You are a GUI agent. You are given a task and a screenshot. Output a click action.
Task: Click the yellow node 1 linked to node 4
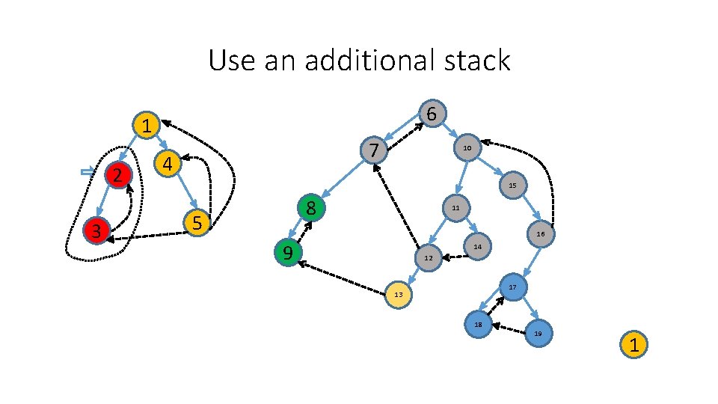[147, 126]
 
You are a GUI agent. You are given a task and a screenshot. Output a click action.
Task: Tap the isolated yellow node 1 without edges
[633, 345]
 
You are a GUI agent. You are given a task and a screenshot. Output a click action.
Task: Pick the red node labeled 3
[96, 230]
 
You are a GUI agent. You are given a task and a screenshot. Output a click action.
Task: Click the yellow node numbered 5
[197, 222]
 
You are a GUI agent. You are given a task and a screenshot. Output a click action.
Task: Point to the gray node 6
[432, 113]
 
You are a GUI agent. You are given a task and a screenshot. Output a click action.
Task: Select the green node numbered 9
[288, 254]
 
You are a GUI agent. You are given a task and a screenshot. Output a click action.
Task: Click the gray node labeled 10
[467, 148]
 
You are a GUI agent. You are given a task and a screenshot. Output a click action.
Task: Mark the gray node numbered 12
[428, 258]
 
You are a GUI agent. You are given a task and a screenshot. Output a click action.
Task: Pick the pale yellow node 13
[399, 295]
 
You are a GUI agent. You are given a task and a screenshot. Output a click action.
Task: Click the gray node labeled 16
[540, 234]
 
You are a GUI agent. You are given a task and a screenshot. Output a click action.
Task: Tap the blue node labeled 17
[512, 287]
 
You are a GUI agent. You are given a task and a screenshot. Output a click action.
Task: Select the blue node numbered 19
[538, 333]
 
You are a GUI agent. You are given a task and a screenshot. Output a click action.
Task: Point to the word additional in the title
[366, 60]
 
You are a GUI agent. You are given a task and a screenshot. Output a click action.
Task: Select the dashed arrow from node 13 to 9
[345, 278]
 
